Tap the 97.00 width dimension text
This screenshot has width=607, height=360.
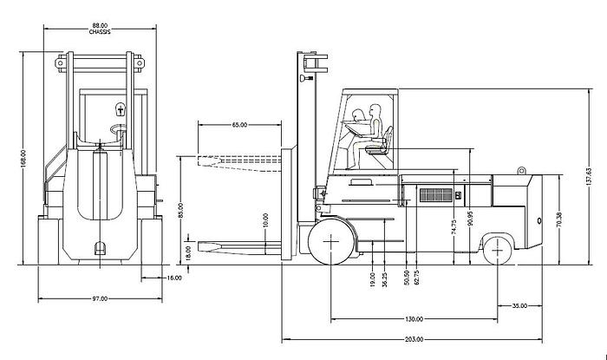click(x=100, y=299)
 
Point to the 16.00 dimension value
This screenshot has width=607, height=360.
click(x=173, y=278)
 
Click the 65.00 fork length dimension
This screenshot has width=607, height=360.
click(x=239, y=125)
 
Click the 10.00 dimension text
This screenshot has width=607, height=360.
click(x=266, y=222)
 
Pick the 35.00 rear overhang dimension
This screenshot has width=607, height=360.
click(x=519, y=306)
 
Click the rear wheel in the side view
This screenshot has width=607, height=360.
click(x=498, y=251)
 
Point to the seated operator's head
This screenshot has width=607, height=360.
click(x=375, y=109)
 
